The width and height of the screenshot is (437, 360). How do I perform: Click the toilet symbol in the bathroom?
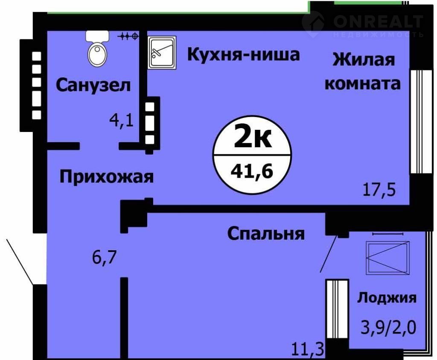pyautogui.click(x=97, y=49)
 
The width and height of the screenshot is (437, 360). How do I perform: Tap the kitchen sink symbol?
pyautogui.click(x=162, y=53)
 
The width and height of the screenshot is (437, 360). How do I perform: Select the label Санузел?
pyautogui.click(x=93, y=85)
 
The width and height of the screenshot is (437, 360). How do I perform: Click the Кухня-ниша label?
pyautogui.click(x=243, y=54)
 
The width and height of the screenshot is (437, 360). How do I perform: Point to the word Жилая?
pyautogui.click(x=364, y=60)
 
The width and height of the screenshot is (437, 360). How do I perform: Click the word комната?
pyautogui.click(x=363, y=83)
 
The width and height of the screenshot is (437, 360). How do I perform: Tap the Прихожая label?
pyautogui.click(x=106, y=177)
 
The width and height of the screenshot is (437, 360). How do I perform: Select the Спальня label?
pyautogui.click(x=266, y=234)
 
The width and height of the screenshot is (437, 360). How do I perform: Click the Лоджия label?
pyautogui.click(x=387, y=299)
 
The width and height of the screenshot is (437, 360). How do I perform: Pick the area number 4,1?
pyautogui.click(x=122, y=121)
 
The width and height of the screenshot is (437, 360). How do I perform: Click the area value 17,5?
pyautogui.click(x=379, y=190)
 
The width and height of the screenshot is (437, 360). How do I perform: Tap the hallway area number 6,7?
pyautogui.click(x=104, y=257)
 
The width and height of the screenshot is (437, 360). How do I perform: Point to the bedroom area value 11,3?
pyautogui.click(x=308, y=349)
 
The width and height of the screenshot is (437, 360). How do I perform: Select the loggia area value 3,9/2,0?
pyautogui.click(x=388, y=327)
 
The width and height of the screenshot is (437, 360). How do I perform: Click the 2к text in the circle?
pyautogui.click(x=253, y=136)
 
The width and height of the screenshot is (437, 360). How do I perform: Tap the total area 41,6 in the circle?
pyautogui.click(x=252, y=171)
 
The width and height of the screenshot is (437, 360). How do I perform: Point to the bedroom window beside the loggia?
pyautogui.click(x=337, y=309)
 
